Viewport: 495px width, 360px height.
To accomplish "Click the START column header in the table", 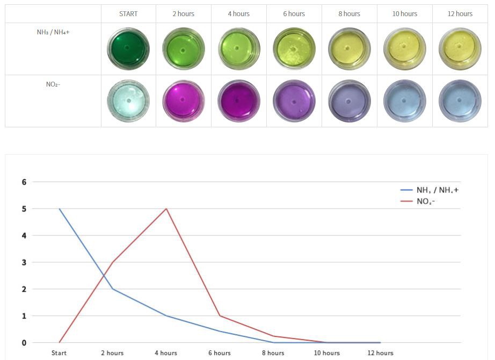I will [x=128, y=13].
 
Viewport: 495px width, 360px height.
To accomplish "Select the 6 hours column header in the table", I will [x=294, y=13].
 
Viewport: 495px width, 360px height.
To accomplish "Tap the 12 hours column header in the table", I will [x=460, y=13].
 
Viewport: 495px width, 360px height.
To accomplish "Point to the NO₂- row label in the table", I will [x=53, y=84].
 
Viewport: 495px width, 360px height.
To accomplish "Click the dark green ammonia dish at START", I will [x=128, y=49].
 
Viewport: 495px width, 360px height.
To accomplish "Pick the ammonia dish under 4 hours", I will [x=239, y=49].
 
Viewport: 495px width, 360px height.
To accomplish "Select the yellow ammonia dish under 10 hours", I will [x=404, y=49].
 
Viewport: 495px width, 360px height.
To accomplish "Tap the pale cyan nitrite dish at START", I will [x=128, y=100].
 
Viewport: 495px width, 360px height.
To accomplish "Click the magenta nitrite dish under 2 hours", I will [x=184, y=101].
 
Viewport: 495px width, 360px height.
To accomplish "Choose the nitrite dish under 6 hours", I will [x=294, y=101].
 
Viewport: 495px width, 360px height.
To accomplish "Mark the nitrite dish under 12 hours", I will [x=460, y=101].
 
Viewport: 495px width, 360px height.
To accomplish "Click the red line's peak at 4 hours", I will [x=166, y=208].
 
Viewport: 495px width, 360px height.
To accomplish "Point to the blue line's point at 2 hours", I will [x=113, y=289].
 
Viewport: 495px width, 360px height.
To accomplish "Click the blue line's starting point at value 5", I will [x=59, y=208].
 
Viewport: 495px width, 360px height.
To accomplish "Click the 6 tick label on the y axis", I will [x=24, y=182].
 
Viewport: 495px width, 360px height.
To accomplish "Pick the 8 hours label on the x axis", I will [x=273, y=353].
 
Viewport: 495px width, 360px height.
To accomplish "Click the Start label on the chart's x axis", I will [x=59, y=353].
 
